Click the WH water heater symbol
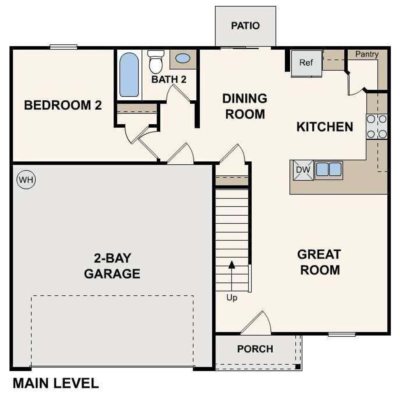coord(26,180)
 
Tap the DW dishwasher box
coord(303,170)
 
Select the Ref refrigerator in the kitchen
coord(306,63)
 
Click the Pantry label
coord(367,54)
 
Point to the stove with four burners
coord(377,127)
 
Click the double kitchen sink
coord(328,170)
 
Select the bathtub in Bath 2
coord(129,75)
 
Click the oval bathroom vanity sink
coord(182,58)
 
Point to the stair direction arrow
coord(232,265)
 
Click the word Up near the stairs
coord(232,298)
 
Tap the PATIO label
coord(245,26)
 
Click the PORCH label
coord(255,349)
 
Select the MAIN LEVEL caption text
coord(56,383)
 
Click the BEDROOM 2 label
coord(63,105)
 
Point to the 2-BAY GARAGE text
coord(112,266)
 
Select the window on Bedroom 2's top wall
coord(63,47)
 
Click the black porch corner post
coord(298,367)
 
